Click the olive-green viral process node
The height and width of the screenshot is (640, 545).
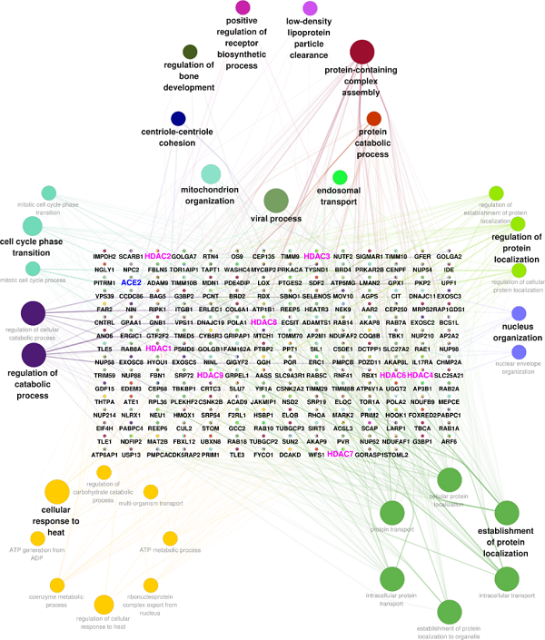(x=275, y=201)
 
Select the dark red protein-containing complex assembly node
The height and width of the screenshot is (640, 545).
(x=362, y=51)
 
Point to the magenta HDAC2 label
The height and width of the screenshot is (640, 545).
(x=158, y=257)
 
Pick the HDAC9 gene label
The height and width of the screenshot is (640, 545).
(x=210, y=375)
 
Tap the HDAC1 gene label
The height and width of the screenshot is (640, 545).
(x=158, y=349)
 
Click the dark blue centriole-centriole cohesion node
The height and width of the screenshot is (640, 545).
(x=179, y=118)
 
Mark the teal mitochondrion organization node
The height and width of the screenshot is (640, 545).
(x=211, y=173)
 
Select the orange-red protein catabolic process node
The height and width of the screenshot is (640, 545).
(x=373, y=118)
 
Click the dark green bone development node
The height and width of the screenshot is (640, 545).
(x=190, y=52)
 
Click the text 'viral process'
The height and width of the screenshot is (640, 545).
(x=275, y=219)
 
